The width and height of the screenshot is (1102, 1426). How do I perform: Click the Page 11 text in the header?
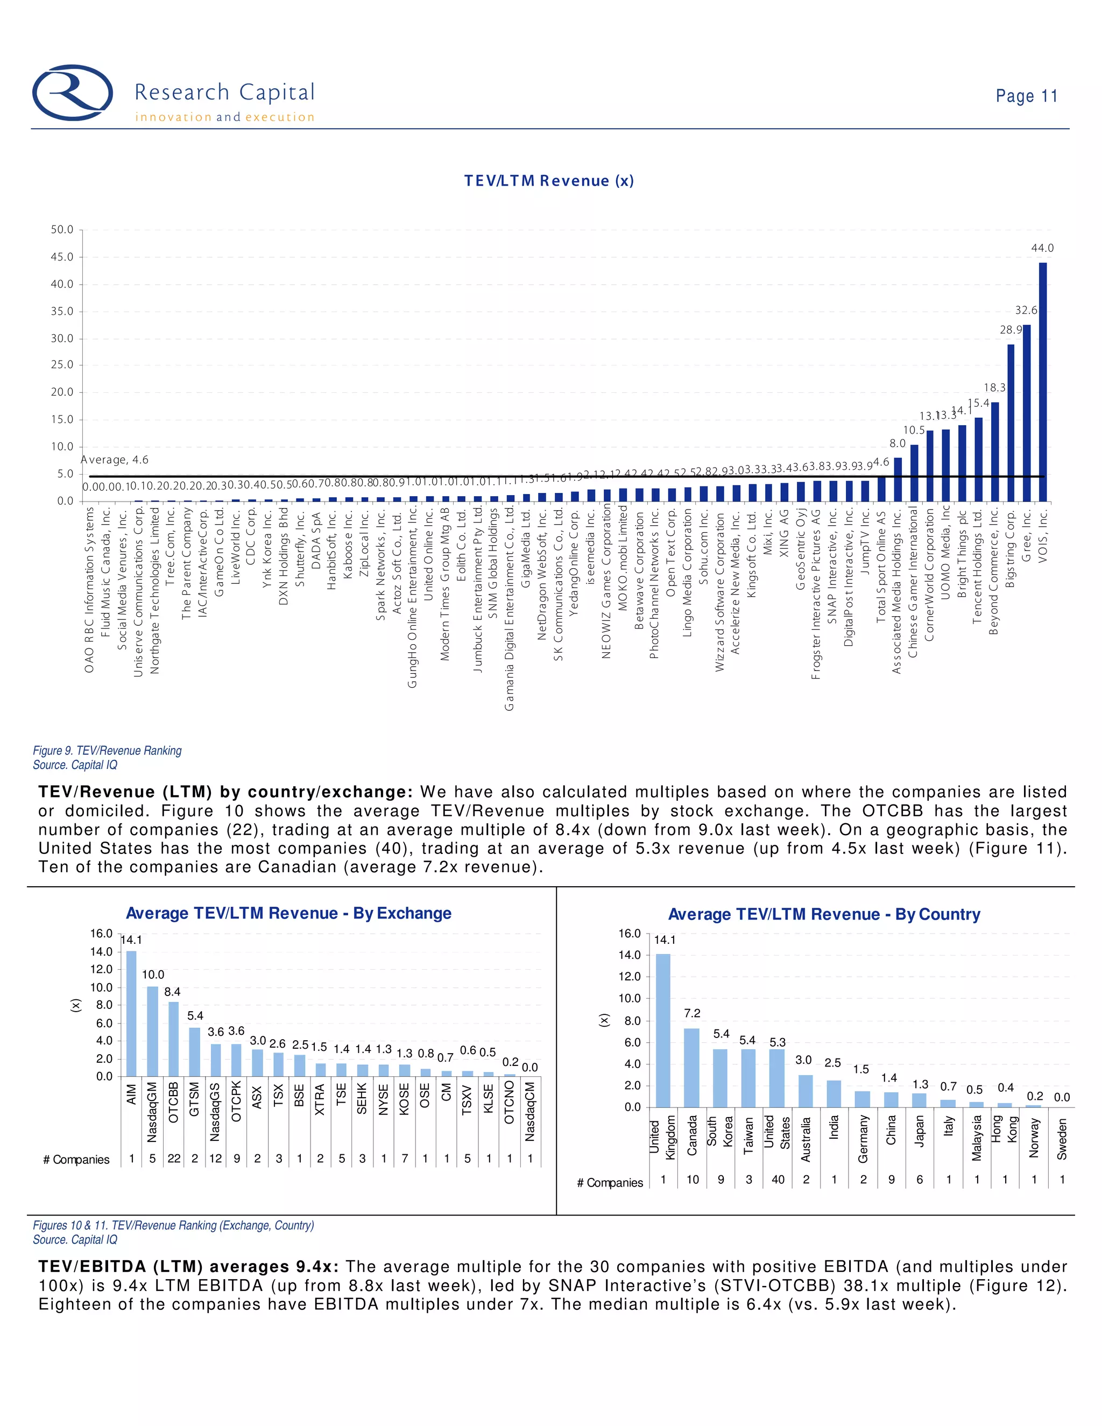1026,96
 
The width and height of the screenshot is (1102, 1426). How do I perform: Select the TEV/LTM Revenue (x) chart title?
548,181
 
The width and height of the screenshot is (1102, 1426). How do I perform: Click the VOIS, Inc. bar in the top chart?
1043,382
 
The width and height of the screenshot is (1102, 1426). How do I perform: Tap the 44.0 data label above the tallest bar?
1042,248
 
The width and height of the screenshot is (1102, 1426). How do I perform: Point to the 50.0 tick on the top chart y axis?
62,230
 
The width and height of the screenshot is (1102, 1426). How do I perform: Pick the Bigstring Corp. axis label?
1011,549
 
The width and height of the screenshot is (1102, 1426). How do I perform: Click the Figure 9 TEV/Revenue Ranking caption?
107,751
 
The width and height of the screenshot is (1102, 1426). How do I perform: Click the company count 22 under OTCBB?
174,1159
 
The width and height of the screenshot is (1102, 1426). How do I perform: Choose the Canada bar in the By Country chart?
691,1068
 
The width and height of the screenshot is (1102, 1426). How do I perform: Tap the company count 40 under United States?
778,1179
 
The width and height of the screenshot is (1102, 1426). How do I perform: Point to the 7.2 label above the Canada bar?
692,1013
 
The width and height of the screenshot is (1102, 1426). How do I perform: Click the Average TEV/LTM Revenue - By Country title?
824,914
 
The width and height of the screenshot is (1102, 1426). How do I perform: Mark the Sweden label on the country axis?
1062,1139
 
